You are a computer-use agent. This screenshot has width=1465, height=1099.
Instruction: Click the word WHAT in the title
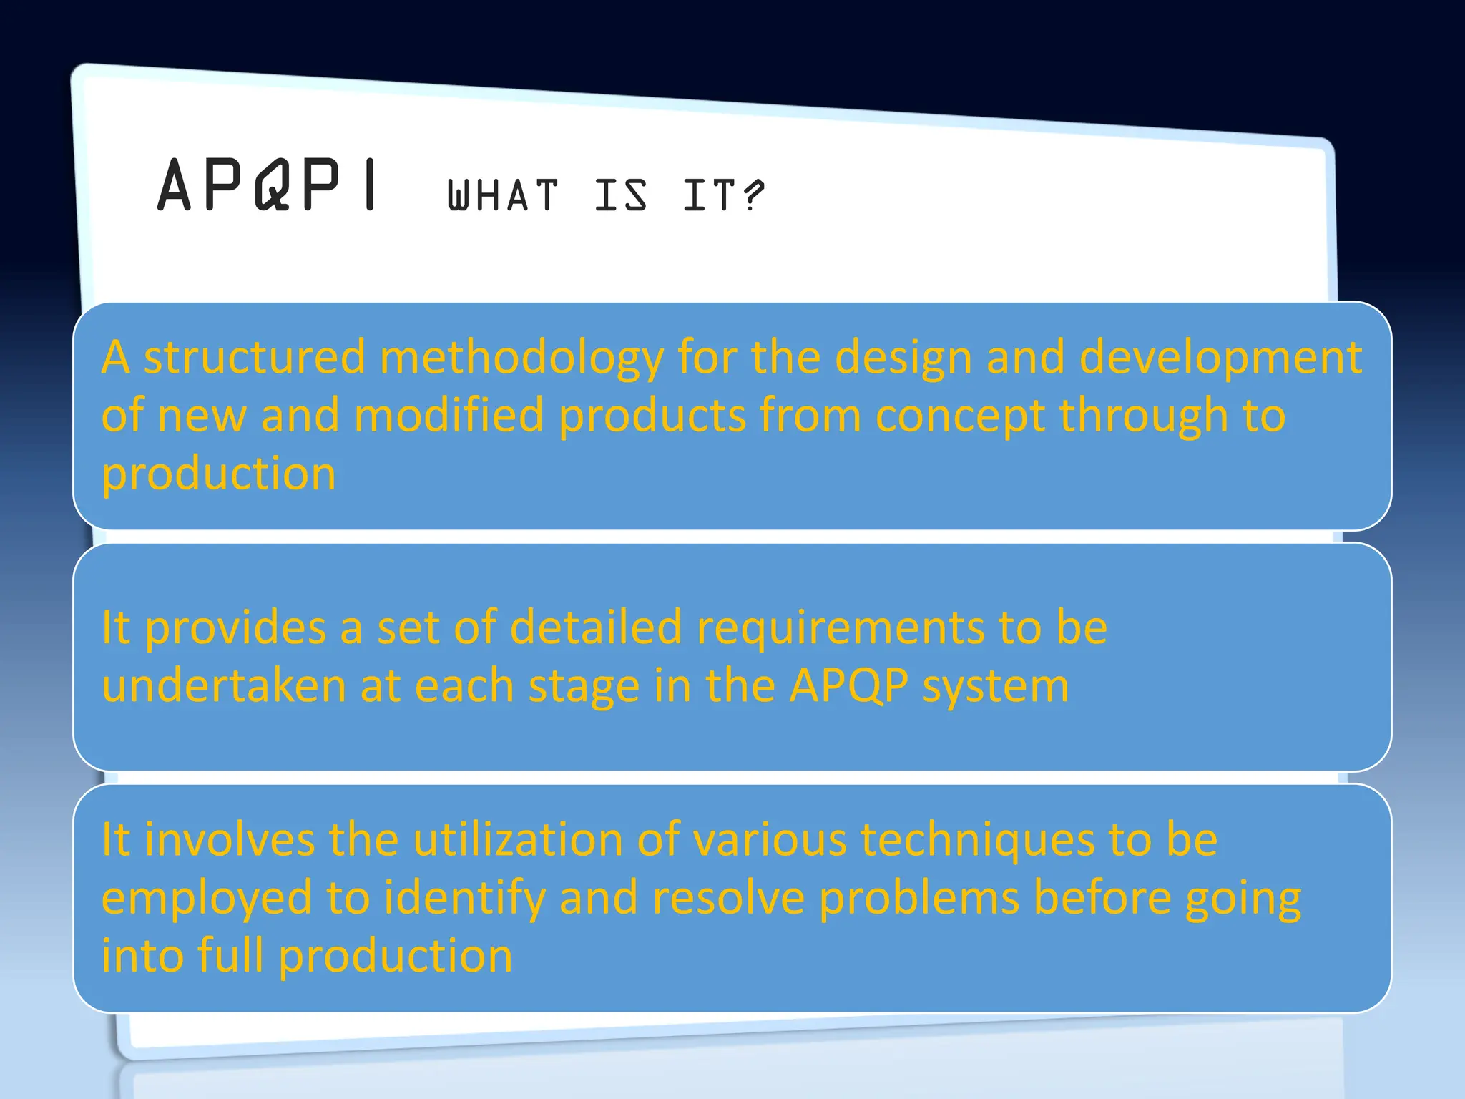click(502, 195)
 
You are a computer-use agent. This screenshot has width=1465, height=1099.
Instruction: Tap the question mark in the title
click(753, 195)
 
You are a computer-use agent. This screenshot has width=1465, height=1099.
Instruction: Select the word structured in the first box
click(255, 357)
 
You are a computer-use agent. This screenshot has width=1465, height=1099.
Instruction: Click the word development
click(1220, 357)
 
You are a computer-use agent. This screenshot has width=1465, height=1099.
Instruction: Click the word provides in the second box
click(235, 627)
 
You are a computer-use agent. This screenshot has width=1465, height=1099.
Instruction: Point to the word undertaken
click(224, 685)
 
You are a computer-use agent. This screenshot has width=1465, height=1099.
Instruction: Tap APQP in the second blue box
click(849, 685)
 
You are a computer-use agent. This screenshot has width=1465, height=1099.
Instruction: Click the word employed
click(207, 898)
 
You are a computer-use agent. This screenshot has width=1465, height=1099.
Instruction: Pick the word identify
click(465, 898)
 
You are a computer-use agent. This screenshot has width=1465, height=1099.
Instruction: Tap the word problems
click(919, 898)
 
